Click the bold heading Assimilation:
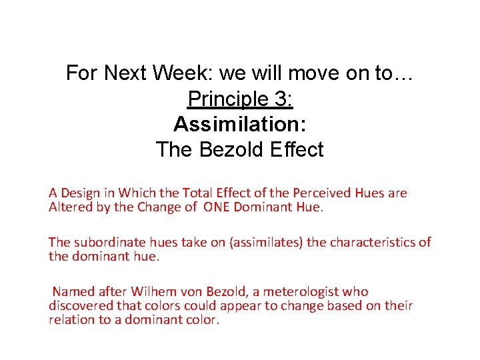click(x=240, y=124)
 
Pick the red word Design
click(x=84, y=193)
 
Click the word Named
click(x=73, y=291)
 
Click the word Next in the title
click(x=127, y=73)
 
